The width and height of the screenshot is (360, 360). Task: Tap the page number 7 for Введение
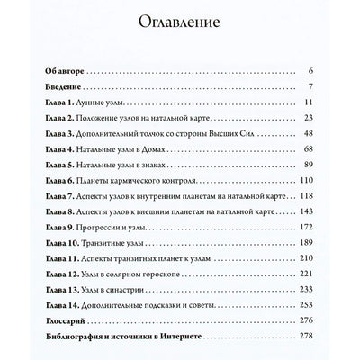coord(310,87)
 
